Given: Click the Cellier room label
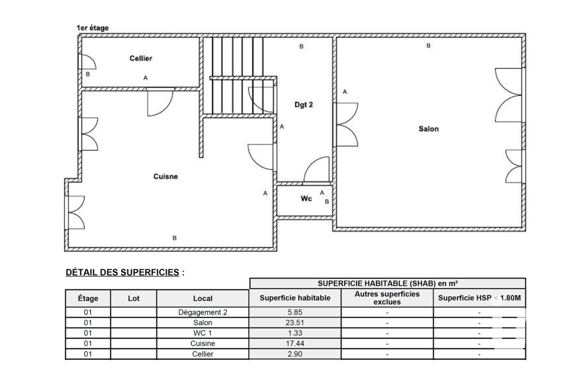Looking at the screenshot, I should point(141,58).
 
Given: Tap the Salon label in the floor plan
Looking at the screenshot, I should point(429,129).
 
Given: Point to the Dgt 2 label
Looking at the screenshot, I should point(303,105).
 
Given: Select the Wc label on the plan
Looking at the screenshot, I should point(306,199).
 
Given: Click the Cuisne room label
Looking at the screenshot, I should point(166,177).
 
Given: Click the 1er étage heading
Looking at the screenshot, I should point(93,27).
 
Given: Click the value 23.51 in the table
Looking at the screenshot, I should point(295,323).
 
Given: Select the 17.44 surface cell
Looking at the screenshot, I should point(295,344).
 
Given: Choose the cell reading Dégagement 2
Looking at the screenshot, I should point(202,312).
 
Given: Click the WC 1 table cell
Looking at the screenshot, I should point(202,333).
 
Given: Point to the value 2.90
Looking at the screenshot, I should point(295,354).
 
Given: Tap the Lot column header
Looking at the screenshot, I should point(134,298).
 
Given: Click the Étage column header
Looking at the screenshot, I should point(88,298).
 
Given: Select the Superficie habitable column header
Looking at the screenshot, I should point(295,297).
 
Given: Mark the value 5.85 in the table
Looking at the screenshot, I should point(295,312).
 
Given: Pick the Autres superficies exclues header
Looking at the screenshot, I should point(387,297).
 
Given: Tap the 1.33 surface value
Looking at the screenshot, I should point(295,333).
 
